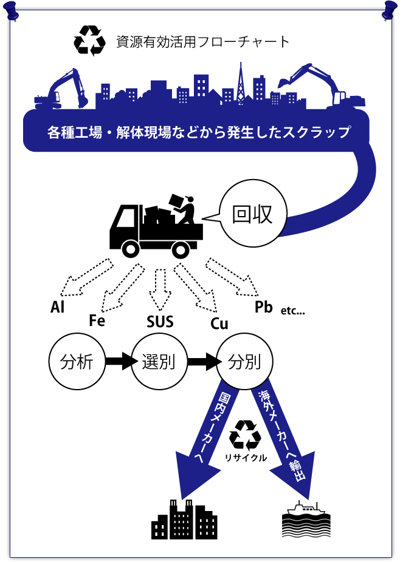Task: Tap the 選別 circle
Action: point(158,362)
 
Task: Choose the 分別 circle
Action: point(244,362)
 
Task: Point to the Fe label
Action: point(97,320)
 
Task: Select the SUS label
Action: point(160,322)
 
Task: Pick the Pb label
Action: point(264,307)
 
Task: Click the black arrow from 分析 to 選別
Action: point(119,362)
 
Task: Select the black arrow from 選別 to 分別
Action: point(201,362)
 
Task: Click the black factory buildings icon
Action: point(184,520)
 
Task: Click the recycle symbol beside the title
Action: point(89,41)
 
